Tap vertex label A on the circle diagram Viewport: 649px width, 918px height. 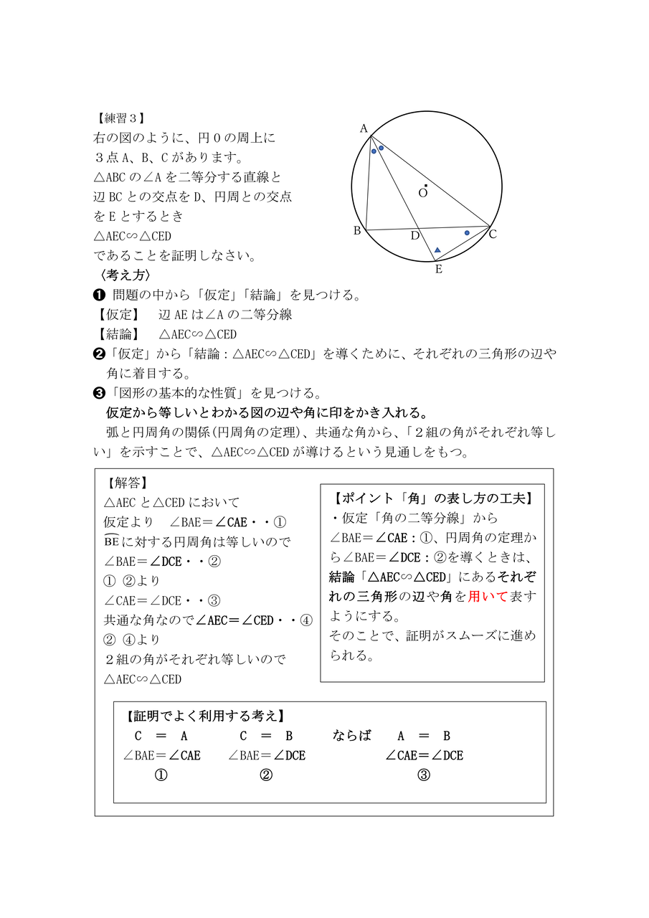point(364,128)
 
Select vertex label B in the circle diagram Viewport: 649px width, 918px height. point(356,230)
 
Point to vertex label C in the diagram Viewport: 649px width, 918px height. point(493,234)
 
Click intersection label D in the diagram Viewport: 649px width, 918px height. point(414,236)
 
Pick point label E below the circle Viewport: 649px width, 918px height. point(438,270)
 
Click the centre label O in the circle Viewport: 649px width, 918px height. point(423,192)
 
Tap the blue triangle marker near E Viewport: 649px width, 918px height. point(437,250)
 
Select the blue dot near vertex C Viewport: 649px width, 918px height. point(467,232)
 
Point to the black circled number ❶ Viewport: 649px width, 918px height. point(100,295)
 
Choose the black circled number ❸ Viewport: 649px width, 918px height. point(100,392)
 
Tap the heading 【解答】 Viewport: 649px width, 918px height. point(126,483)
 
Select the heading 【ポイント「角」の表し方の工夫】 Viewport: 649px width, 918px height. point(432,498)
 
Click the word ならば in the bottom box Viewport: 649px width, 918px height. point(352,736)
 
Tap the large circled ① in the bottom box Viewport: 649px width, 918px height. point(161,775)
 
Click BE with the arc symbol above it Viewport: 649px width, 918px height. point(113,541)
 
